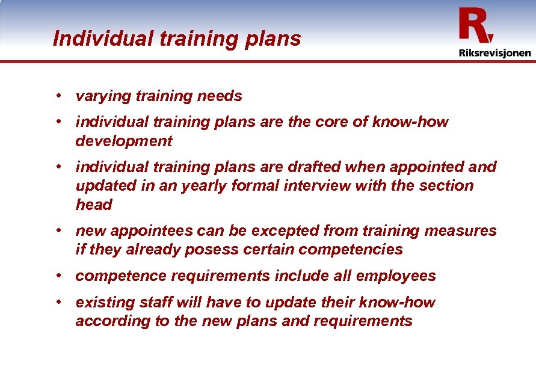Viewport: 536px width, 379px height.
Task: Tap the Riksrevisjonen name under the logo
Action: [494, 53]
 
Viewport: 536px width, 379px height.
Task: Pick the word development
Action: [123, 141]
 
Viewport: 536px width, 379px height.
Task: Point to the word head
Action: [94, 205]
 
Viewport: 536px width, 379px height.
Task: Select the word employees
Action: [396, 276]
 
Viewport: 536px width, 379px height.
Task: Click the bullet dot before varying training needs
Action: [61, 96]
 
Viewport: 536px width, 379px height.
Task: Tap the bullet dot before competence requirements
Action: [61, 276]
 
